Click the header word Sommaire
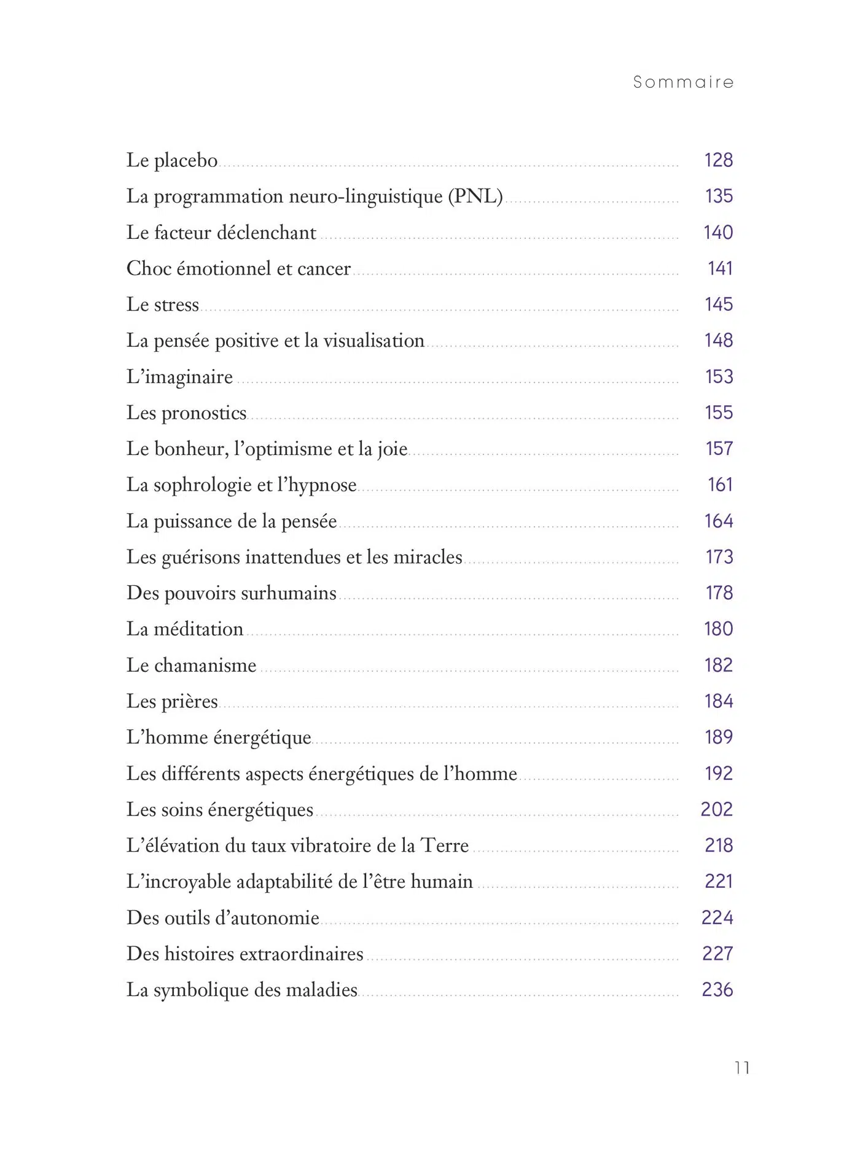[x=683, y=82]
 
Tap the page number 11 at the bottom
[x=742, y=1068]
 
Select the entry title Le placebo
[x=172, y=160]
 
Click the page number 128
[x=718, y=160]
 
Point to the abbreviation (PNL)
[x=475, y=196]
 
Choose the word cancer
[x=324, y=268]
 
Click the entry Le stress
[x=163, y=305]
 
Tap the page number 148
[x=718, y=340]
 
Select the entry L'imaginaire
[x=179, y=377]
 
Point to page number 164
[x=718, y=521]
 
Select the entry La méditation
[x=185, y=629]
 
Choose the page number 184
[x=718, y=701]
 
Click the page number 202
[x=717, y=809]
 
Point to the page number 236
[x=717, y=990]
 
